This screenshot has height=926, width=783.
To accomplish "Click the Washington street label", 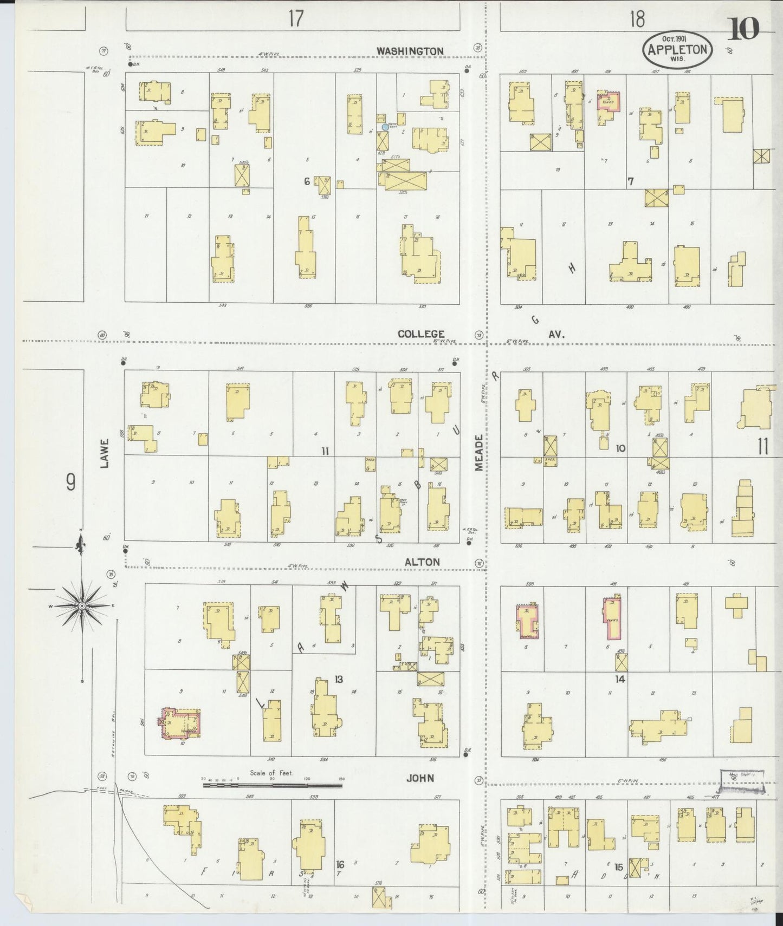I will coord(410,51).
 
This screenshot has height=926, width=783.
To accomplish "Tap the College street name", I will coord(421,334).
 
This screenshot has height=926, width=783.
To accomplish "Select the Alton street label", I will coord(422,562).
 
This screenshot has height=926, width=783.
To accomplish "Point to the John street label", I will coord(420,778).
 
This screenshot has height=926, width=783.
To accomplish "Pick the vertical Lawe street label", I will coord(105,453).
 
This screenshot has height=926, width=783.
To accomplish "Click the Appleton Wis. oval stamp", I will coord(676,49).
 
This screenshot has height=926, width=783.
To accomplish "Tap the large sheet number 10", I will coord(743,29).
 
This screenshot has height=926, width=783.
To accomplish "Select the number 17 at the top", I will coord(295,19).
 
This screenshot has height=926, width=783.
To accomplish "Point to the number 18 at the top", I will coord(637,19).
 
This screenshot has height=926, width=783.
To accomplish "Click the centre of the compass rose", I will coord(81,605).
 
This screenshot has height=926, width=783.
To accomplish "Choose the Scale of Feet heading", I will coord(271,773).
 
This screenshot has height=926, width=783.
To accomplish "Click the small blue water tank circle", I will coord(385,127).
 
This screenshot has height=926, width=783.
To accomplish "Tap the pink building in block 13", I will coord(179,723).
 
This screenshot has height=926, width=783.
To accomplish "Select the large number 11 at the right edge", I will coord(763,447).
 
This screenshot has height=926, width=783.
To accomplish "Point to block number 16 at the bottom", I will coord(340,864).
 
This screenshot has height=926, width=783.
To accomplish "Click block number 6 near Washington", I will coord(307,182).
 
